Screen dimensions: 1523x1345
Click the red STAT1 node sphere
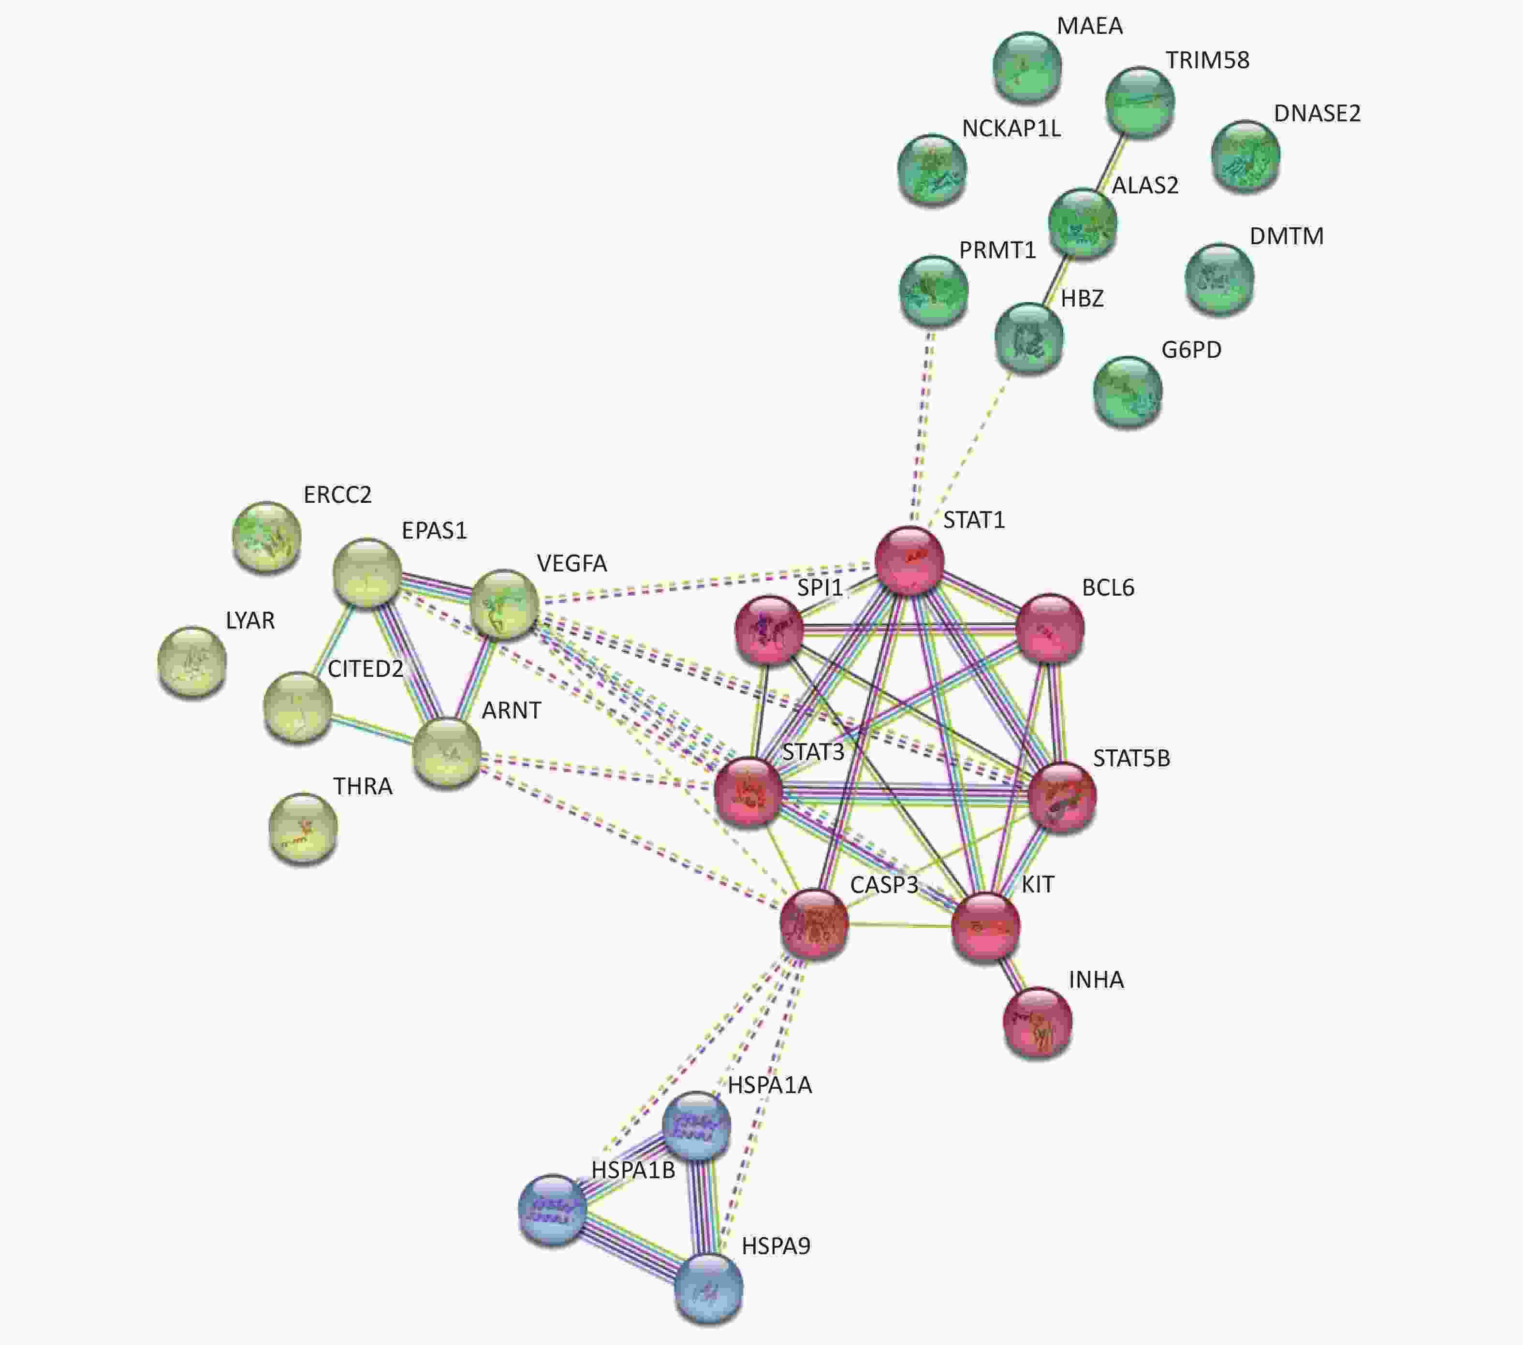(x=909, y=560)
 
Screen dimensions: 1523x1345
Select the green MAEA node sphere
(x=1027, y=66)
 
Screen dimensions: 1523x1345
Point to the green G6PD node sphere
(x=1128, y=391)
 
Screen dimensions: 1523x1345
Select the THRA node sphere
(x=303, y=827)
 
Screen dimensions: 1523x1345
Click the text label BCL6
(x=1108, y=588)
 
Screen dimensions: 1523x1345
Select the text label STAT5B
(x=1131, y=759)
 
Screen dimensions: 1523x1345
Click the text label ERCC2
(x=337, y=495)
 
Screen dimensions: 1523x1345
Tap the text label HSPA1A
(x=770, y=1085)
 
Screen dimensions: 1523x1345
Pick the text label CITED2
(x=365, y=669)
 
